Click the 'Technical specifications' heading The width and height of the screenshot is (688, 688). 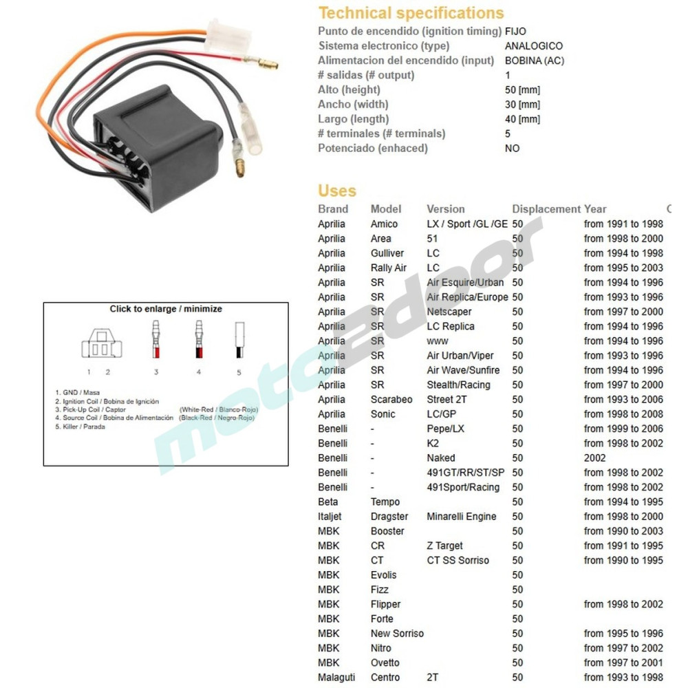(x=411, y=13)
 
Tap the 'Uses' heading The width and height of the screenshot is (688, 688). (x=337, y=191)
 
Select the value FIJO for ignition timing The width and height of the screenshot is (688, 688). (x=515, y=32)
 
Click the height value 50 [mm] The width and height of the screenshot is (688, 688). (x=522, y=89)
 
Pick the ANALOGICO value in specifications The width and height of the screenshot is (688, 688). (x=533, y=46)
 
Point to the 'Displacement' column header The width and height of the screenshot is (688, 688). (x=546, y=209)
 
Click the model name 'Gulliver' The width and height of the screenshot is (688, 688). (x=387, y=253)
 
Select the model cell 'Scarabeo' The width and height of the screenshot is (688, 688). (x=391, y=400)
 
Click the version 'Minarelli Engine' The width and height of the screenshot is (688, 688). (x=461, y=517)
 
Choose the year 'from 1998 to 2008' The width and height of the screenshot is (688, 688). (x=623, y=414)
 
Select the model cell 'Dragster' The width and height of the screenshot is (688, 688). (x=389, y=517)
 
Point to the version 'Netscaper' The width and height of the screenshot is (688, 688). (x=449, y=312)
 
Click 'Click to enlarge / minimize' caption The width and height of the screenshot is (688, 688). (x=166, y=309)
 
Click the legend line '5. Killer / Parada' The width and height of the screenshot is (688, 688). (x=80, y=427)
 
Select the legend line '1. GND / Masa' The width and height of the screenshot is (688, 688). (x=77, y=393)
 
